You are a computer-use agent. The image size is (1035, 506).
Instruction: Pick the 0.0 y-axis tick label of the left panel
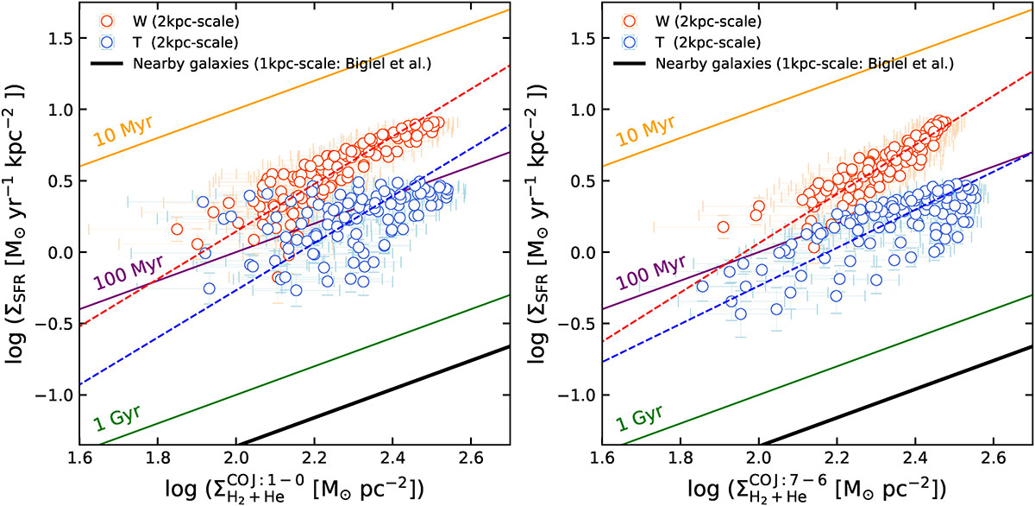(58, 253)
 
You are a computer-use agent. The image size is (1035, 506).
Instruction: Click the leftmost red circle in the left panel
(178, 230)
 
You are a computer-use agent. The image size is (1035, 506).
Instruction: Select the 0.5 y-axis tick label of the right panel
(580, 181)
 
